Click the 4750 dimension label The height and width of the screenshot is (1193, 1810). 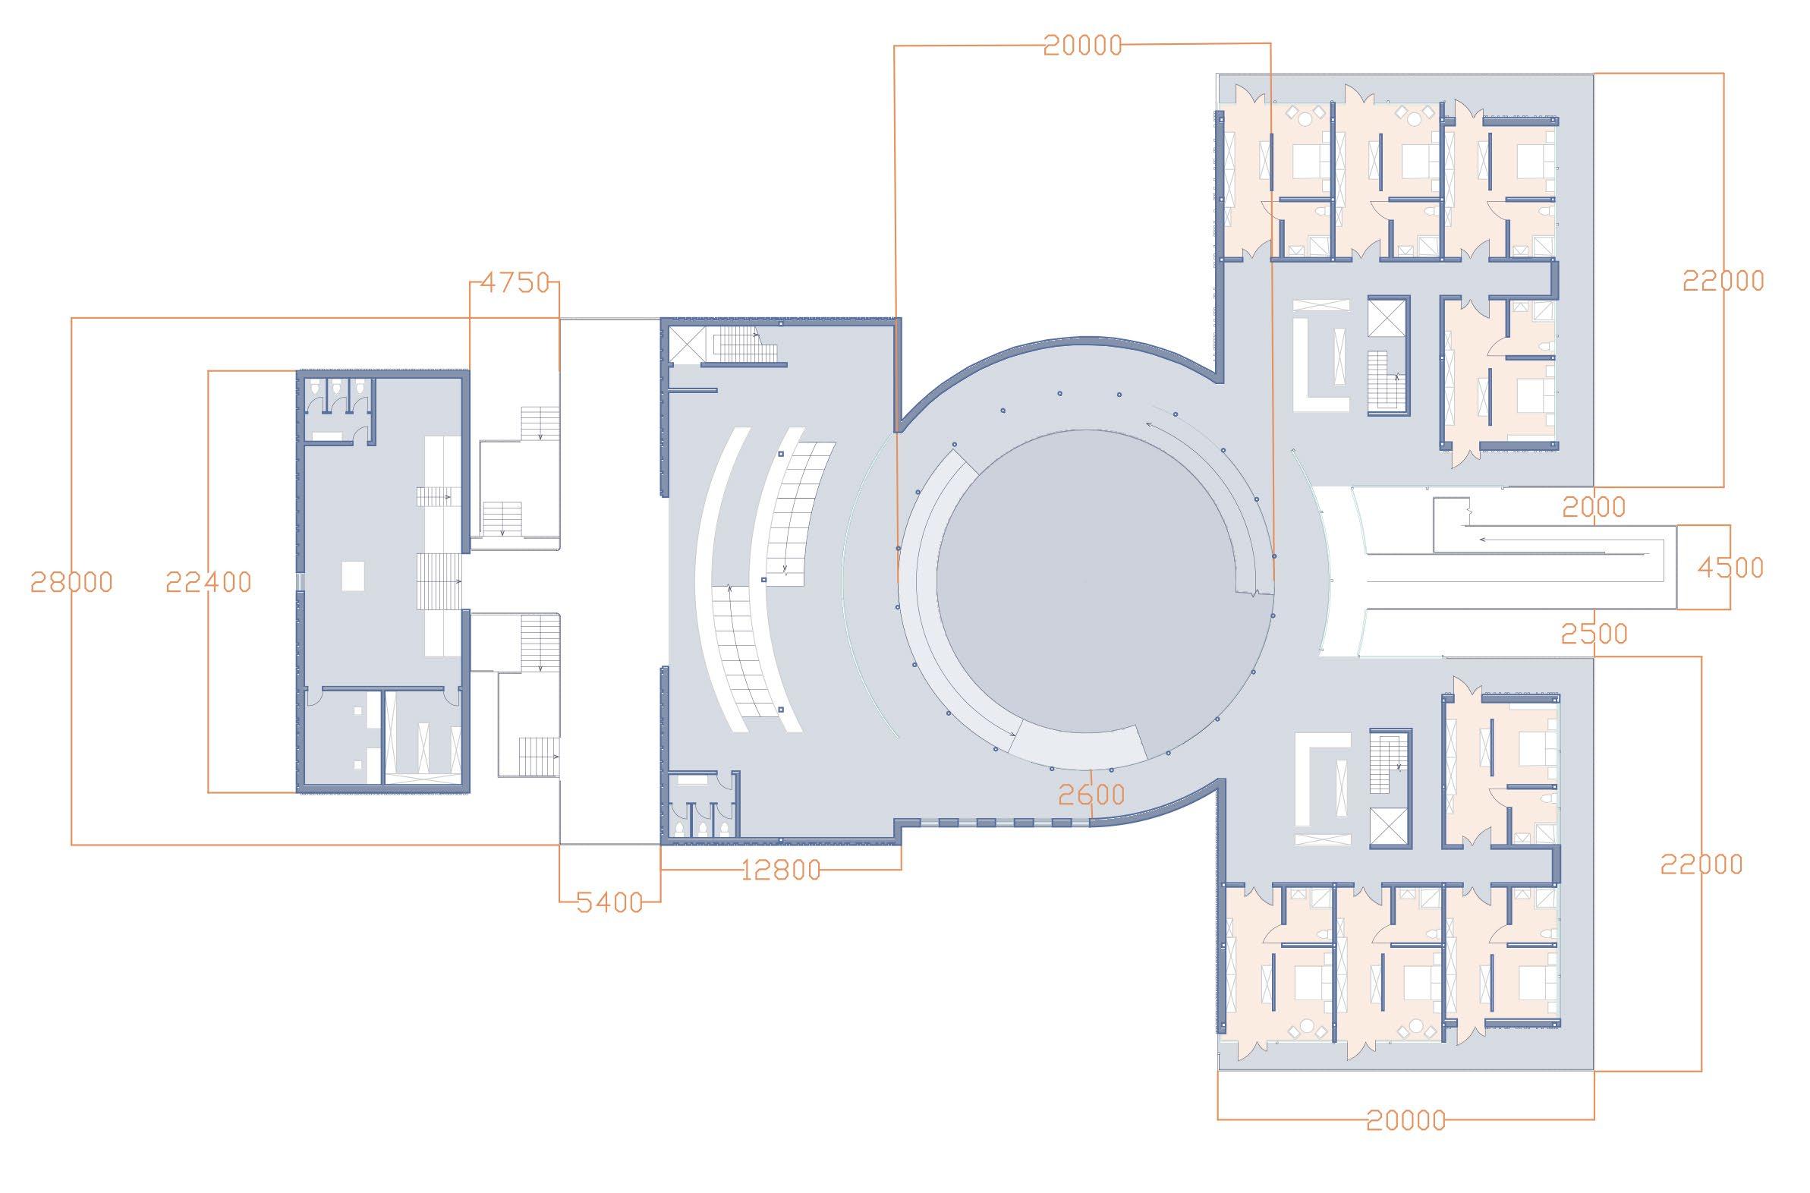tap(515, 283)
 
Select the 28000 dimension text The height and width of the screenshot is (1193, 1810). tap(71, 582)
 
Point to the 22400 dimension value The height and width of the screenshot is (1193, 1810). tap(209, 582)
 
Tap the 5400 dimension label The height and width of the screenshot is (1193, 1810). tap(609, 902)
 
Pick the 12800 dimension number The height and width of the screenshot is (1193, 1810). tap(781, 870)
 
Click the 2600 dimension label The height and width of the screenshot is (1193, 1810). tap(1091, 795)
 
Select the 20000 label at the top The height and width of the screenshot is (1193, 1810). tap(1083, 46)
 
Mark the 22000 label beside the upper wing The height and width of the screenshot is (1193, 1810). tap(1723, 282)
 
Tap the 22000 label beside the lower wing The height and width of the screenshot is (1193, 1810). tap(1701, 865)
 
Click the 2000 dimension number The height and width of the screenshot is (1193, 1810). tap(1594, 507)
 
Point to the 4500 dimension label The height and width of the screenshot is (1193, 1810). tap(1730, 568)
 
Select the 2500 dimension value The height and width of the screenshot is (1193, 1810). tap(1594, 633)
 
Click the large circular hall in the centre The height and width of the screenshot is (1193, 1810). tap(1084, 582)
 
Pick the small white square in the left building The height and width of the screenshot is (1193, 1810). tap(354, 574)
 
